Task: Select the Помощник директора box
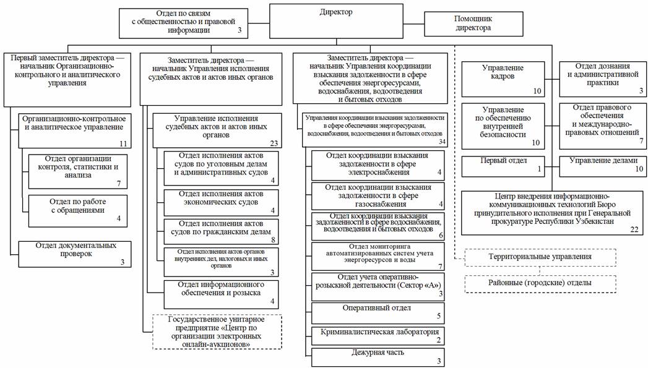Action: (x=464, y=24)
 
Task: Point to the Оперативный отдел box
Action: (x=379, y=312)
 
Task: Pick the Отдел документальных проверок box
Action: (x=75, y=254)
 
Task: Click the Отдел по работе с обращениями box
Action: (x=77, y=210)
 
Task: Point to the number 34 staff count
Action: (x=441, y=142)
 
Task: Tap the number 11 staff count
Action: (x=123, y=143)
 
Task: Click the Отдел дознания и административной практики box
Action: (x=603, y=79)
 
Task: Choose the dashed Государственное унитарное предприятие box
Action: (x=217, y=332)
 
